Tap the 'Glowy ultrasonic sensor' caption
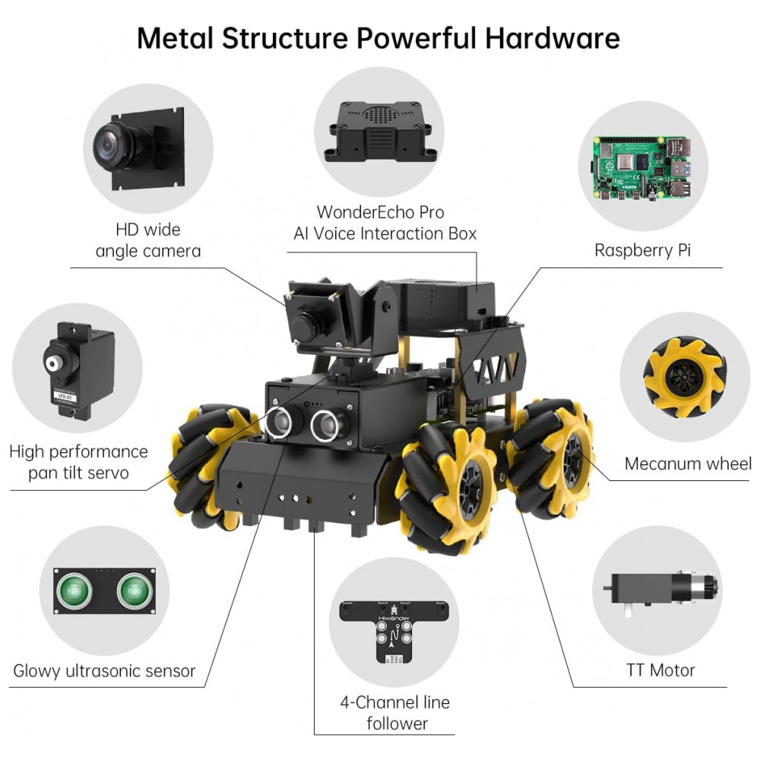coord(104,671)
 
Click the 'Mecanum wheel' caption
coord(688,464)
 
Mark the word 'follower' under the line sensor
coord(397,724)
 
